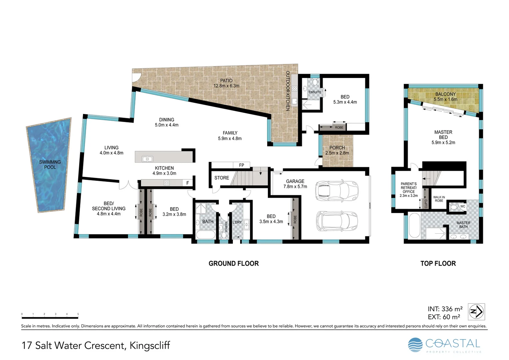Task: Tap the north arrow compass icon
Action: tap(476, 312)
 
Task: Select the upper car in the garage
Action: tap(337, 191)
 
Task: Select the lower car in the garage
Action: tap(337, 221)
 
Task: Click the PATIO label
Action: tap(226, 81)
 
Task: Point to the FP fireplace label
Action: tap(242, 165)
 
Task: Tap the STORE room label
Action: tap(222, 178)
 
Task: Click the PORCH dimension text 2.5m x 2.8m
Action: tap(337, 153)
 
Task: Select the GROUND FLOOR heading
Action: tap(234, 263)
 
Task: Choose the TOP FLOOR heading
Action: tap(438, 263)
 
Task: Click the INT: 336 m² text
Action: tap(445, 309)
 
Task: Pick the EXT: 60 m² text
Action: tap(444, 317)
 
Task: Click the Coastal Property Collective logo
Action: tap(445, 345)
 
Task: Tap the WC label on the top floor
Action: tap(463, 206)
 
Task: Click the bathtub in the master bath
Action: tap(414, 226)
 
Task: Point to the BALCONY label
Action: tap(445, 94)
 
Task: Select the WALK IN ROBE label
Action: tap(439, 199)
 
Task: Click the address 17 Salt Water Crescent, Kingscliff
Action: tap(96, 345)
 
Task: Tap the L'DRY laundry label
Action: tap(237, 222)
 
